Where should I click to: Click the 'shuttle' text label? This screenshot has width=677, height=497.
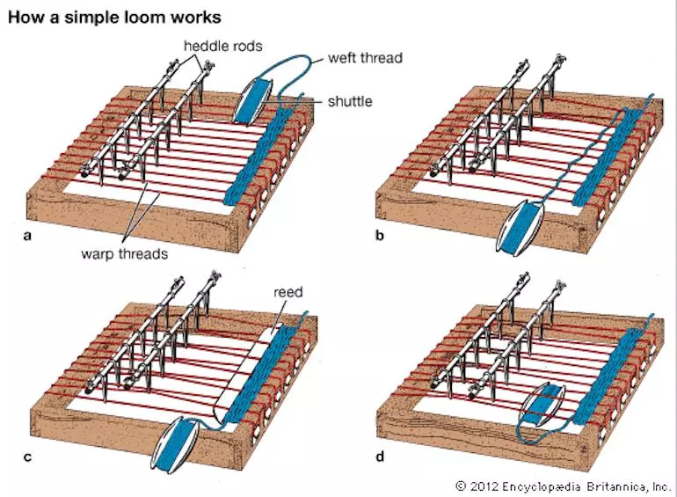click(x=349, y=101)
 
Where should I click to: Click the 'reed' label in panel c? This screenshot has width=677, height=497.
click(x=287, y=291)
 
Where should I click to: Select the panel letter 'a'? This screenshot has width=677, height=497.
click(x=26, y=238)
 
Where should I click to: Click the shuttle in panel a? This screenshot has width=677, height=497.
click(x=248, y=99)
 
